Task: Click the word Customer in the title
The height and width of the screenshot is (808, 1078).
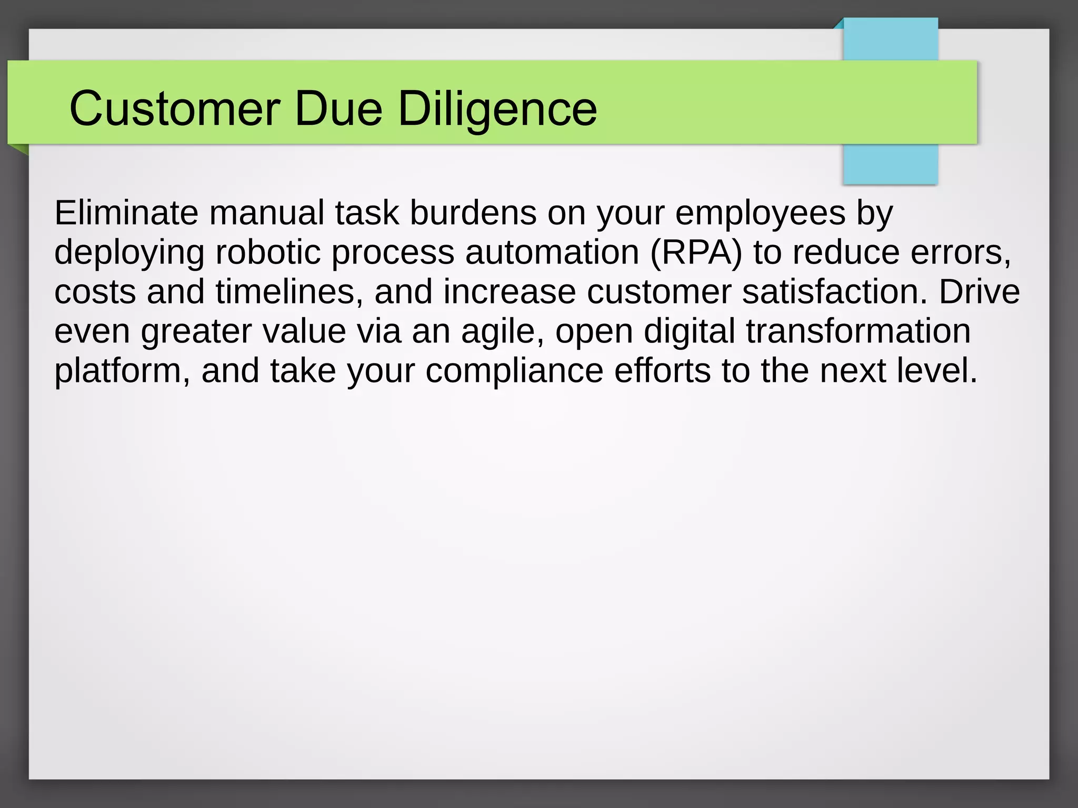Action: tap(174, 109)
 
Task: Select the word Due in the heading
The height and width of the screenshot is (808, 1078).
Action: tap(338, 109)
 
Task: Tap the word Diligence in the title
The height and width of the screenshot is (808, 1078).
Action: tap(497, 109)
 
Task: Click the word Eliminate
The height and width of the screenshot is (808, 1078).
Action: tap(126, 213)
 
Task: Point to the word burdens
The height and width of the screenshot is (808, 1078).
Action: tap(473, 213)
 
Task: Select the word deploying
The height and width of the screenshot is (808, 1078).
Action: tap(129, 252)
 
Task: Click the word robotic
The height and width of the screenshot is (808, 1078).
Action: tap(268, 252)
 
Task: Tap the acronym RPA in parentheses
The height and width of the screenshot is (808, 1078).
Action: tap(696, 252)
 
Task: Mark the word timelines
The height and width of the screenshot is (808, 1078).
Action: tap(289, 292)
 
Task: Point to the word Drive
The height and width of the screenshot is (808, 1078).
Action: tap(979, 292)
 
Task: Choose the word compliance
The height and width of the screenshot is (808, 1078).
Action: tap(514, 371)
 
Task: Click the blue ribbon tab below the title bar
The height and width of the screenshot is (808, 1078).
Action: tap(890, 164)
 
